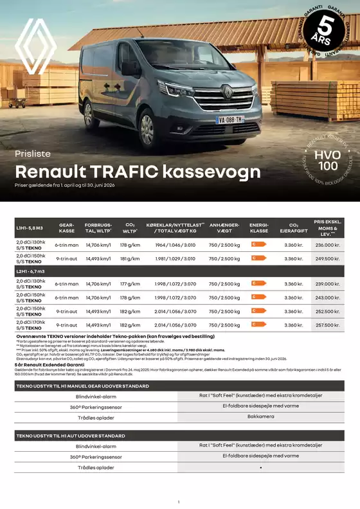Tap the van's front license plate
230,120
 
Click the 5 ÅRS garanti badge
328,28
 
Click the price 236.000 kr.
327,245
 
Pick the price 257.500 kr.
327,325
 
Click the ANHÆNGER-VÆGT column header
224,228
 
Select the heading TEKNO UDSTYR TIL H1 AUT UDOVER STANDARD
70,436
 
